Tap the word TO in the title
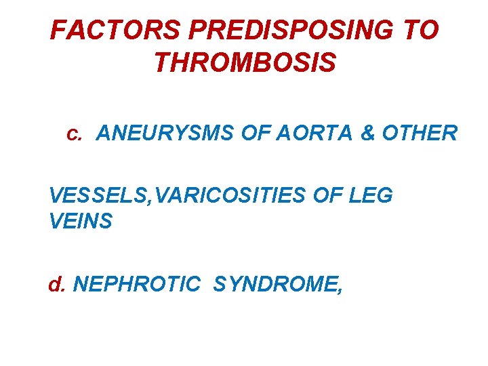(x=422, y=30)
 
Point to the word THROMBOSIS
(x=245, y=63)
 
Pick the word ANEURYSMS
(x=163, y=134)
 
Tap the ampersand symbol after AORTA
(x=367, y=134)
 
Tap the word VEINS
(x=81, y=222)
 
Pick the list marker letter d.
(x=56, y=284)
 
